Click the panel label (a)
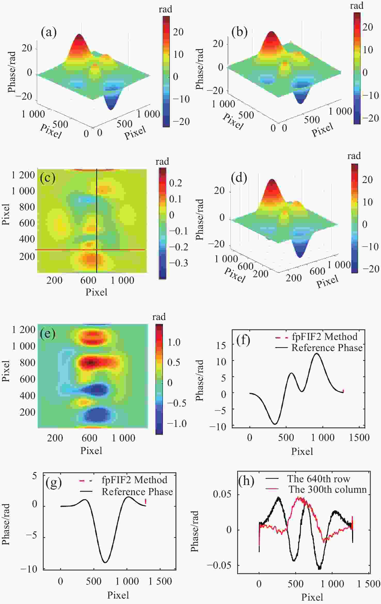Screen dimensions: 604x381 49,33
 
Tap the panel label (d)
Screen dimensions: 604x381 239,178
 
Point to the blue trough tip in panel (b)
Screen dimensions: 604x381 300,103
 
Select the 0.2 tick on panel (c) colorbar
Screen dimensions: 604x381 176,183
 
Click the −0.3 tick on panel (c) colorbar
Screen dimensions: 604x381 178,263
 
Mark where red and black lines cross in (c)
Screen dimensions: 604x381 97,250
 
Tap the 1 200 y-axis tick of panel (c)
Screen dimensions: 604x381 23,175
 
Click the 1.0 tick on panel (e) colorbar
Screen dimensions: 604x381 174,342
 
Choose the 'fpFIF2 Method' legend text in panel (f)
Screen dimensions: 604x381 324,337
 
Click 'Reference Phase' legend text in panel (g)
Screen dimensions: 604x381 137,492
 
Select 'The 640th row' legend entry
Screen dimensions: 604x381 319,479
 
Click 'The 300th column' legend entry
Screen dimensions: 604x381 327,489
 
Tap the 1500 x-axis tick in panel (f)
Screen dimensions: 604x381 359,437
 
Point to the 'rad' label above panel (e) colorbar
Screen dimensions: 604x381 159,317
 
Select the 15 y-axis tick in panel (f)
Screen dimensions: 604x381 221,345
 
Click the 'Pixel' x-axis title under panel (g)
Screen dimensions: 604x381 118,595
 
